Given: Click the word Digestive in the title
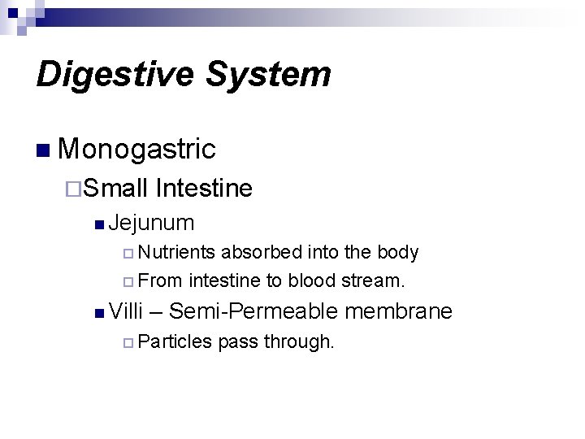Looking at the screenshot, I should point(111,74).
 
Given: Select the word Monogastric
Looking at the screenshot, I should point(137,149).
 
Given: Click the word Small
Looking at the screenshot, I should point(115,189).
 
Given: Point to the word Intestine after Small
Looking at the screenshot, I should point(204,189).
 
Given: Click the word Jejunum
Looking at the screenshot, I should point(152,222).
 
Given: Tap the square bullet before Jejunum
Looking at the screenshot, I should point(98,223).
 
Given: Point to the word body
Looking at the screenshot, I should point(398,253).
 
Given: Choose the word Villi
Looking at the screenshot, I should point(125,311).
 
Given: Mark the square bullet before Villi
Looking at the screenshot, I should point(98,312).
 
